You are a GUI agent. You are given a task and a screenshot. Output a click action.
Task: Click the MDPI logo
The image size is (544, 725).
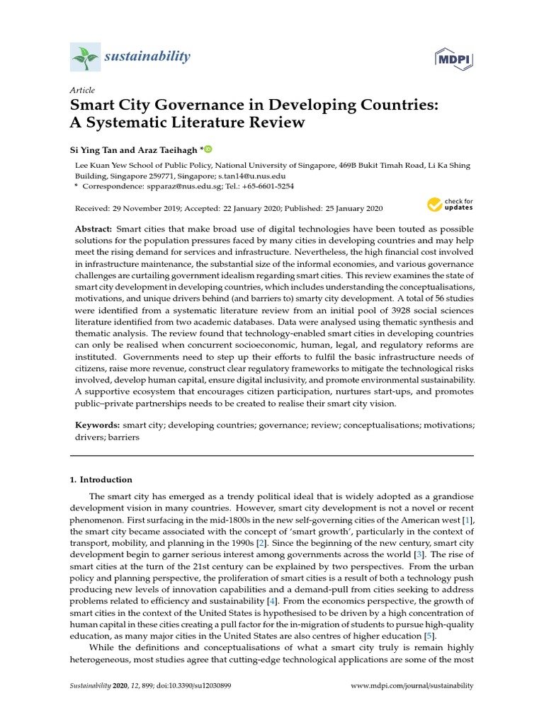[455, 56]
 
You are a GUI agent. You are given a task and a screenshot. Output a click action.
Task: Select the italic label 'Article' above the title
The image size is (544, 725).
[82, 91]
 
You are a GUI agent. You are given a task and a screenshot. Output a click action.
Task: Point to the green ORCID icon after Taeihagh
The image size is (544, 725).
[208, 150]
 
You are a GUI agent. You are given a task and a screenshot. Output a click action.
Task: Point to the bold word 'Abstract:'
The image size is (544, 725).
[94, 230]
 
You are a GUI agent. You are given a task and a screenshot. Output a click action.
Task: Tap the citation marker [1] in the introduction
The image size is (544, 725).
[467, 520]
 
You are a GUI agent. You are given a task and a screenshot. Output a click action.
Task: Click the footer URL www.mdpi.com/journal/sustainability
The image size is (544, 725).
[412, 686]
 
